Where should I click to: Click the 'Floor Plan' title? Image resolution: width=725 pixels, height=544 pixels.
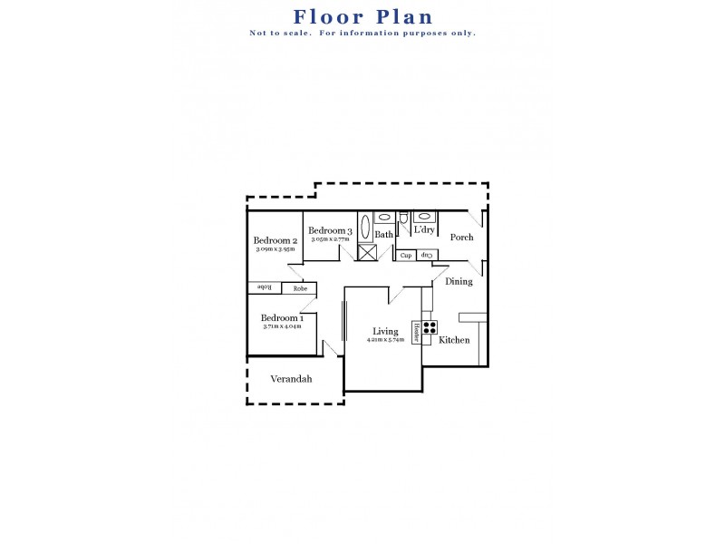pyautogui.click(x=362, y=16)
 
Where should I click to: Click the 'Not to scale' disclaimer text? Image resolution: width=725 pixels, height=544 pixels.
pyautogui.click(x=362, y=34)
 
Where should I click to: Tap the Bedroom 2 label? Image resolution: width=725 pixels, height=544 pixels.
pyautogui.click(x=275, y=240)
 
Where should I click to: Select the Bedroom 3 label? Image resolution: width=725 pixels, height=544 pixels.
pyautogui.click(x=329, y=231)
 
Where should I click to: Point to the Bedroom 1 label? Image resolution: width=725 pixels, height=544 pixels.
pyautogui.click(x=282, y=318)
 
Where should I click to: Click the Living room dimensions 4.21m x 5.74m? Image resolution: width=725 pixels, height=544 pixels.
pyautogui.click(x=385, y=340)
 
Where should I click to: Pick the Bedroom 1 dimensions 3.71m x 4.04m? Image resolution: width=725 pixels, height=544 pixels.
pyautogui.click(x=282, y=326)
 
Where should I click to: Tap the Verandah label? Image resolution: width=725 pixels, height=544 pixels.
pyautogui.click(x=291, y=379)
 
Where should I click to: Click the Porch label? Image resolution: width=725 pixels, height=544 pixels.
pyautogui.click(x=462, y=238)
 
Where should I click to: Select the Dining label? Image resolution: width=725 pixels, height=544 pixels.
pyautogui.click(x=459, y=281)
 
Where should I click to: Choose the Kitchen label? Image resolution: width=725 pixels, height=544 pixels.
pyautogui.click(x=454, y=340)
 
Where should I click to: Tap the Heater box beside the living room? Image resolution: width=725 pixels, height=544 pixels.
pyautogui.click(x=417, y=332)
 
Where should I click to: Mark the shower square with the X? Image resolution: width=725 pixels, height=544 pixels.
pyautogui.click(x=366, y=252)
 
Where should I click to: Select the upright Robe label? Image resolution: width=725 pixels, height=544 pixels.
pyautogui.click(x=299, y=288)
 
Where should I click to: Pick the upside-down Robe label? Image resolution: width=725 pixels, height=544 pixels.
pyautogui.click(x=265, y=287)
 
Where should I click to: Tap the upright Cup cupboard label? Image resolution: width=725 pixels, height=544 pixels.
pyautogui.click(x=406, y=256)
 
